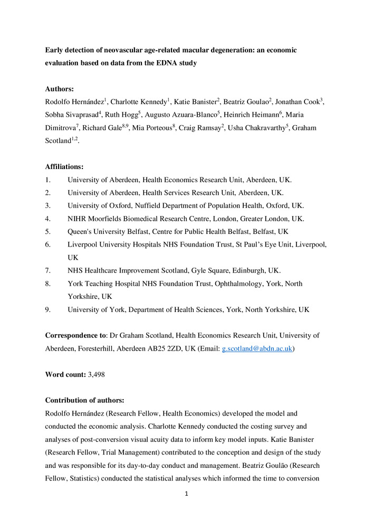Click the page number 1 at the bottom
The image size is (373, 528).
tap(186, 494)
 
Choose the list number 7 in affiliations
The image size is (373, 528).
tap(47, 270)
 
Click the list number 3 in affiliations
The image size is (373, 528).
tap(47, 205)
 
